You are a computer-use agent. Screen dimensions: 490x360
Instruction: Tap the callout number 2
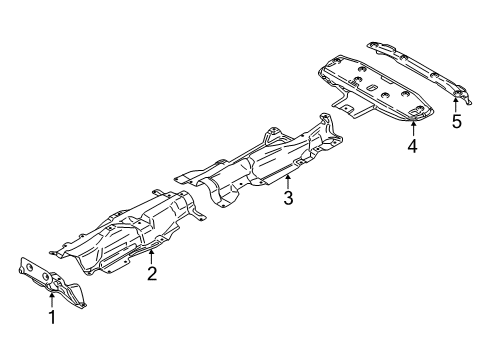pyautogui.click(x=152, y=273)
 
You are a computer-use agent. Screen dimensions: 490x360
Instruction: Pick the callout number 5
pyautogui.click(x=456, y=122)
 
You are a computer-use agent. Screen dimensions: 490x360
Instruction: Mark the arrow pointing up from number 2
pyautogui.click(x=152, y=256)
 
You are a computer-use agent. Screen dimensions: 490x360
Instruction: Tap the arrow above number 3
pyautogui.click(x=287, y=180)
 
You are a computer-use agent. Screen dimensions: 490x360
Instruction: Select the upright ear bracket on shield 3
pyautogui.click(x=270, y=133)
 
